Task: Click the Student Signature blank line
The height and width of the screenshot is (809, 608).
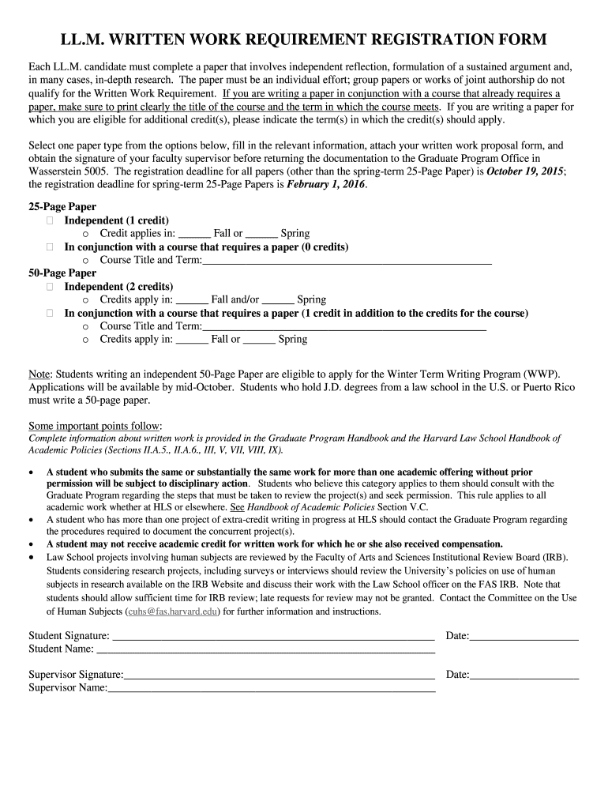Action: (x=273, y=635)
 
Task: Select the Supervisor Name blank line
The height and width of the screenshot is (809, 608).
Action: (x=272, y=688)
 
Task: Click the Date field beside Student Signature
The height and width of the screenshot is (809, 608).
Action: (x=524, y=635)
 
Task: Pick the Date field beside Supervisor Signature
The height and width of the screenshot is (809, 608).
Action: (x=524, y=675)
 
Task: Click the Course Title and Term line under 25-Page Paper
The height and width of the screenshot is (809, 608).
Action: (x=347, y=260)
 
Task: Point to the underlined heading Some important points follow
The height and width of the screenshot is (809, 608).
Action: (x=95, y=425)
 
